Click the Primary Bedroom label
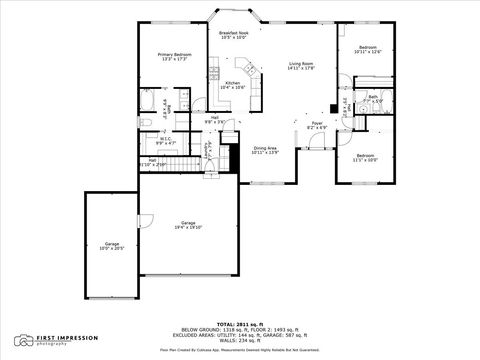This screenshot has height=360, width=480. [x=174, y=57]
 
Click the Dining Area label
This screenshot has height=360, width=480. [x=265, y=150]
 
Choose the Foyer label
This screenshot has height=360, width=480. [x=316, y=125]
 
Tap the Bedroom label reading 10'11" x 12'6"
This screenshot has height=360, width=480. [x=368, y=50]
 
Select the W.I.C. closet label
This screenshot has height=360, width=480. [x=166, y=141]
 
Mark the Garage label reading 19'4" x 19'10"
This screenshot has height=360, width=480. [x=188, y=224]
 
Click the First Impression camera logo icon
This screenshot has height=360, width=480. [x=22, y=340]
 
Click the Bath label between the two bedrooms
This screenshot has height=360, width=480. [x=372, y=99]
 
